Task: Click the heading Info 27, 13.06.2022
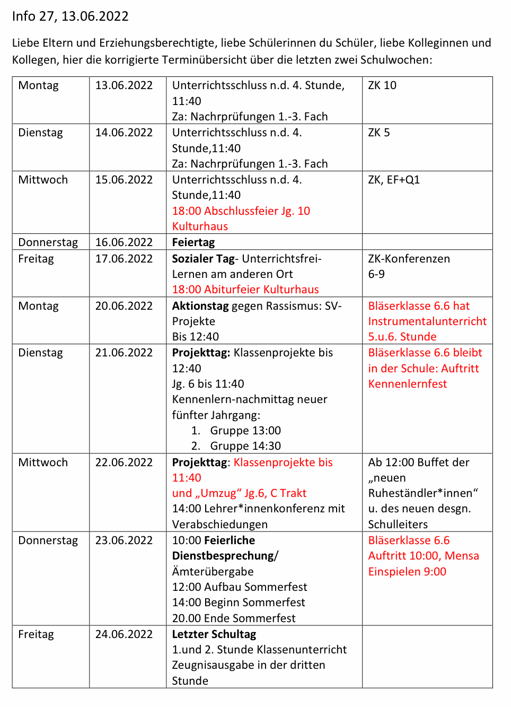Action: click(70, 16)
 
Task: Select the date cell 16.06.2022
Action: click(124, 242)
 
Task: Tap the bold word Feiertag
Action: click(193, 242)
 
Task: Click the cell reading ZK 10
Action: click(382, 85)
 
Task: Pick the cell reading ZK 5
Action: click(379, 133)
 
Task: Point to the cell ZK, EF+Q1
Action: click(394, 180)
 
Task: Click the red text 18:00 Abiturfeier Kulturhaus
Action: click(245, 290)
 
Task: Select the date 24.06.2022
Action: click(124, 634)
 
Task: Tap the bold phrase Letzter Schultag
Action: click(214, 634)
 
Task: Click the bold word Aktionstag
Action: click(200, 306)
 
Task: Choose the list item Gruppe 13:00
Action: click(245, 431)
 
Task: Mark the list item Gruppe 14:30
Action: click(245, 446)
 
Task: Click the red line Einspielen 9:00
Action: click(407, 572)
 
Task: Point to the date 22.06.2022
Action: click(124, 462)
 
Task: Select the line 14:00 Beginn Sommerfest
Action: click(239, 603)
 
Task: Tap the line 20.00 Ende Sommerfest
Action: click(234, 618)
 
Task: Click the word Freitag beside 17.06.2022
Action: click(36, 259)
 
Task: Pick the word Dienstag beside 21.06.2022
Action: click(40, 353)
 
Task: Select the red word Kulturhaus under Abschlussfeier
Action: click(200, 226)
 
